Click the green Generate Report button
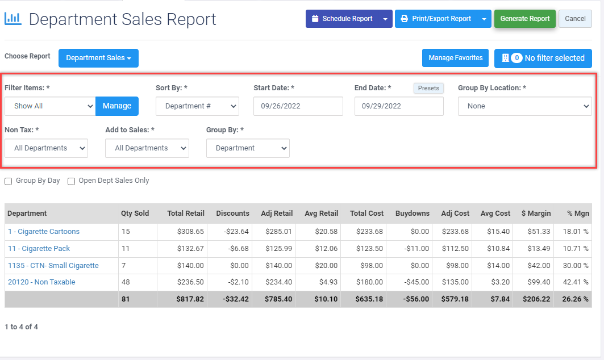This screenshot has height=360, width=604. point(524,19)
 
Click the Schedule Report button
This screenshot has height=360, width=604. point(342,19)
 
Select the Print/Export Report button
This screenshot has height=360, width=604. point(436,19)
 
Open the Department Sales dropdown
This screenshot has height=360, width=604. point(98,58)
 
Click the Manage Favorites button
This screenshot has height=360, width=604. point(455,58)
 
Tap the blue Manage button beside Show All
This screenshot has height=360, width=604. point(117,106)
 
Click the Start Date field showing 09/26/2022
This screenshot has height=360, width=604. point(298,106)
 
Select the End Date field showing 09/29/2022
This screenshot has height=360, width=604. point(398,106)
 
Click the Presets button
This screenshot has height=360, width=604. point(428,88)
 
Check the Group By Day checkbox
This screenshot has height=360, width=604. point(9,181)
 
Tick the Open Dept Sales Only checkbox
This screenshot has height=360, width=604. point(72,181)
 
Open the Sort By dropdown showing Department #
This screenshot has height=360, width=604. point(197,106)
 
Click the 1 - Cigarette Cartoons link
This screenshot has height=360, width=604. point(44,232)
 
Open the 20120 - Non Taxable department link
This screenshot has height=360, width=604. point(41,282)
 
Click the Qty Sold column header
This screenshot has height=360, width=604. point(135,214)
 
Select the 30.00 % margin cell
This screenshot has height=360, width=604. point(574,266)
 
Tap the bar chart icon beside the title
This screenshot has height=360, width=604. point(13,19)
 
